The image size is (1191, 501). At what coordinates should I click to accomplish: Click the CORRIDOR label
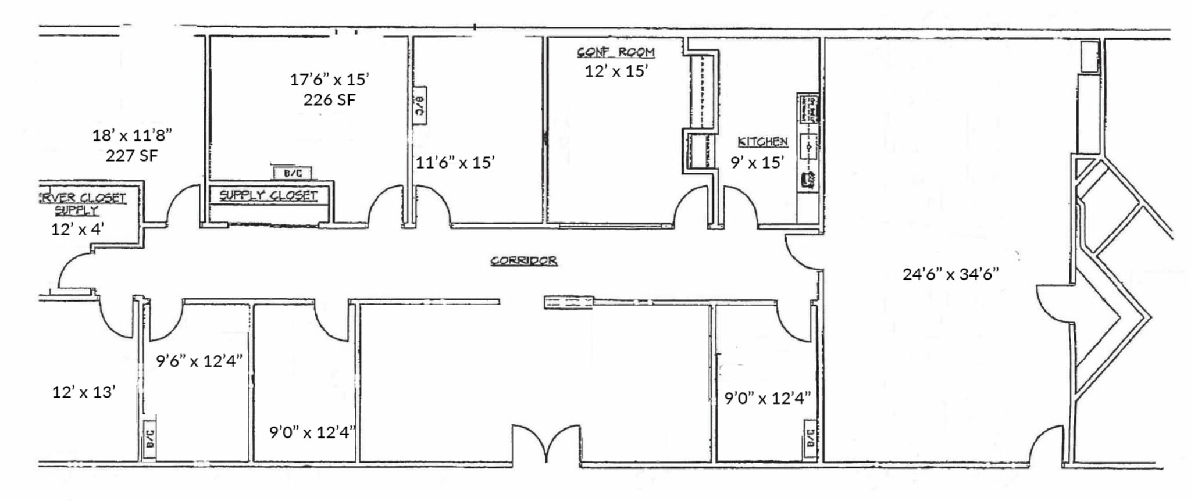click(523, 260)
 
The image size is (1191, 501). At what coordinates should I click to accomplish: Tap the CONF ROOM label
click(616, 52)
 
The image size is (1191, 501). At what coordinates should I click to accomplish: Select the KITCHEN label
click(762, 142)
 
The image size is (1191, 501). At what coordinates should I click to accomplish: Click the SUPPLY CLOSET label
click(268, 195)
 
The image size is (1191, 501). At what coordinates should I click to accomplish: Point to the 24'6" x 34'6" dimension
click(950, 274)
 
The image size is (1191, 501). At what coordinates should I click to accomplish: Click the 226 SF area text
click(329, 100)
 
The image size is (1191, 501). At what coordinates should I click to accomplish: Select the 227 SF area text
click(131, 156)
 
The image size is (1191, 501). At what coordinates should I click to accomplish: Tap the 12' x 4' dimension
click(77, 229)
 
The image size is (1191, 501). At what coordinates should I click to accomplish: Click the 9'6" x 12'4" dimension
click(199, 361)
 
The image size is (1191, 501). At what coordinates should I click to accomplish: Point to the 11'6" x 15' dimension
click(455, 162)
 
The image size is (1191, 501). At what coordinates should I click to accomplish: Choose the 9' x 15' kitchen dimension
click(757, 162)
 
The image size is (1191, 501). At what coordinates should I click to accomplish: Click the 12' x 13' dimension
click(84, 392)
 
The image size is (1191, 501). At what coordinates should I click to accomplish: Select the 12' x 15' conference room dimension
click(616, 71)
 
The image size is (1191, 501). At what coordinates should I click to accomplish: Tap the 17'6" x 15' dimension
click(329, 79)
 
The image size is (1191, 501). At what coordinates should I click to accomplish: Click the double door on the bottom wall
click(546, 445)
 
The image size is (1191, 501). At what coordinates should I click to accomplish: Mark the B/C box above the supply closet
click(292, 173)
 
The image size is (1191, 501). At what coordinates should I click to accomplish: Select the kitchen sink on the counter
click(808, 145)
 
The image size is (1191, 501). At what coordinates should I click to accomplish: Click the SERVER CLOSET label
click(81, 198)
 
